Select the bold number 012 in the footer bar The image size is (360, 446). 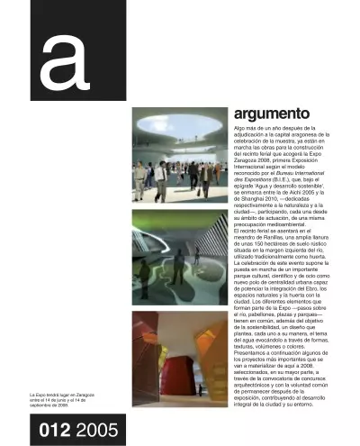click(57, 432)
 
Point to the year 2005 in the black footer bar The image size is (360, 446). click(97, 432)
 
